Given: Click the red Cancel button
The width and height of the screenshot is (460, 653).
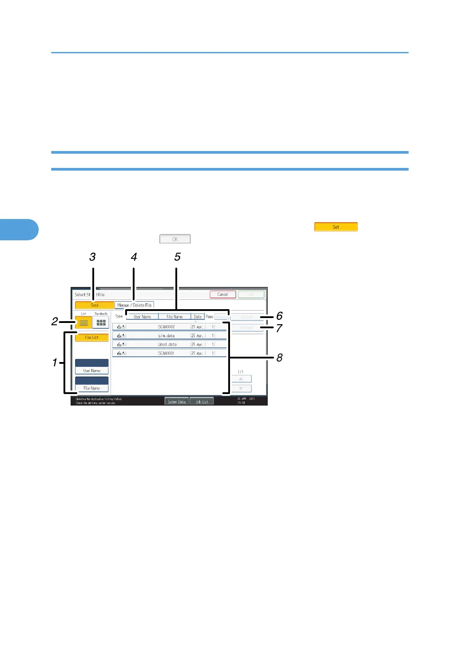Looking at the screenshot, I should coord(222,295).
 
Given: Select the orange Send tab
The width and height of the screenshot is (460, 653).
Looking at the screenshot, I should coord(95,305).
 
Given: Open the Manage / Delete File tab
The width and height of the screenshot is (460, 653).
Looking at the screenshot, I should coord(135,305).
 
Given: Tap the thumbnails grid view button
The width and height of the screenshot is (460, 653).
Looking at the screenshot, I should coord(101,323).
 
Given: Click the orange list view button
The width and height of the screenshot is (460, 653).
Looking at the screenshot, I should coord(83,323).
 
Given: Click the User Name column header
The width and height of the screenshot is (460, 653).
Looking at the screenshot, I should coord(142,317).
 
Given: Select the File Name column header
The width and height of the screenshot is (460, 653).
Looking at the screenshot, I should coord(174,317).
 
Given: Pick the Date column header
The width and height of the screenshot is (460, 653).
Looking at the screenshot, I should coord(198,317).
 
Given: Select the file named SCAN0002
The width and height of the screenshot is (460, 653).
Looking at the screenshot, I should coord(167,327).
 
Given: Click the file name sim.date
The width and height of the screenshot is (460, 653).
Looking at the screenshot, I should coord(167,336).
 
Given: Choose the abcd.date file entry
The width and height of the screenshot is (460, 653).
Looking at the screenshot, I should coord(168,345).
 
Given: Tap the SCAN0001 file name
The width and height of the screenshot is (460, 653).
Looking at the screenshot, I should coord(167,354).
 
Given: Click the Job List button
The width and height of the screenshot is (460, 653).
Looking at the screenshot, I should coord(202,402).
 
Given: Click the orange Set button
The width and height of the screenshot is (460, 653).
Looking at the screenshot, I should coord(336,227).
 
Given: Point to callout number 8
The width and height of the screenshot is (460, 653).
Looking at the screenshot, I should coord(279,358).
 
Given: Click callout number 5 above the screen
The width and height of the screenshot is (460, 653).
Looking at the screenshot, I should coord(177,257).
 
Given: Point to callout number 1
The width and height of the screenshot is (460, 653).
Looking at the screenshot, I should coord(55,362).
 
